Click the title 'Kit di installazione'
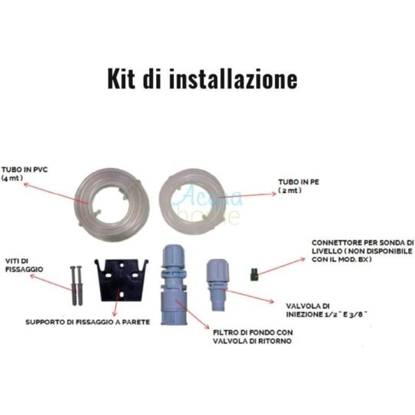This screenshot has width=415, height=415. pos(201,78)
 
